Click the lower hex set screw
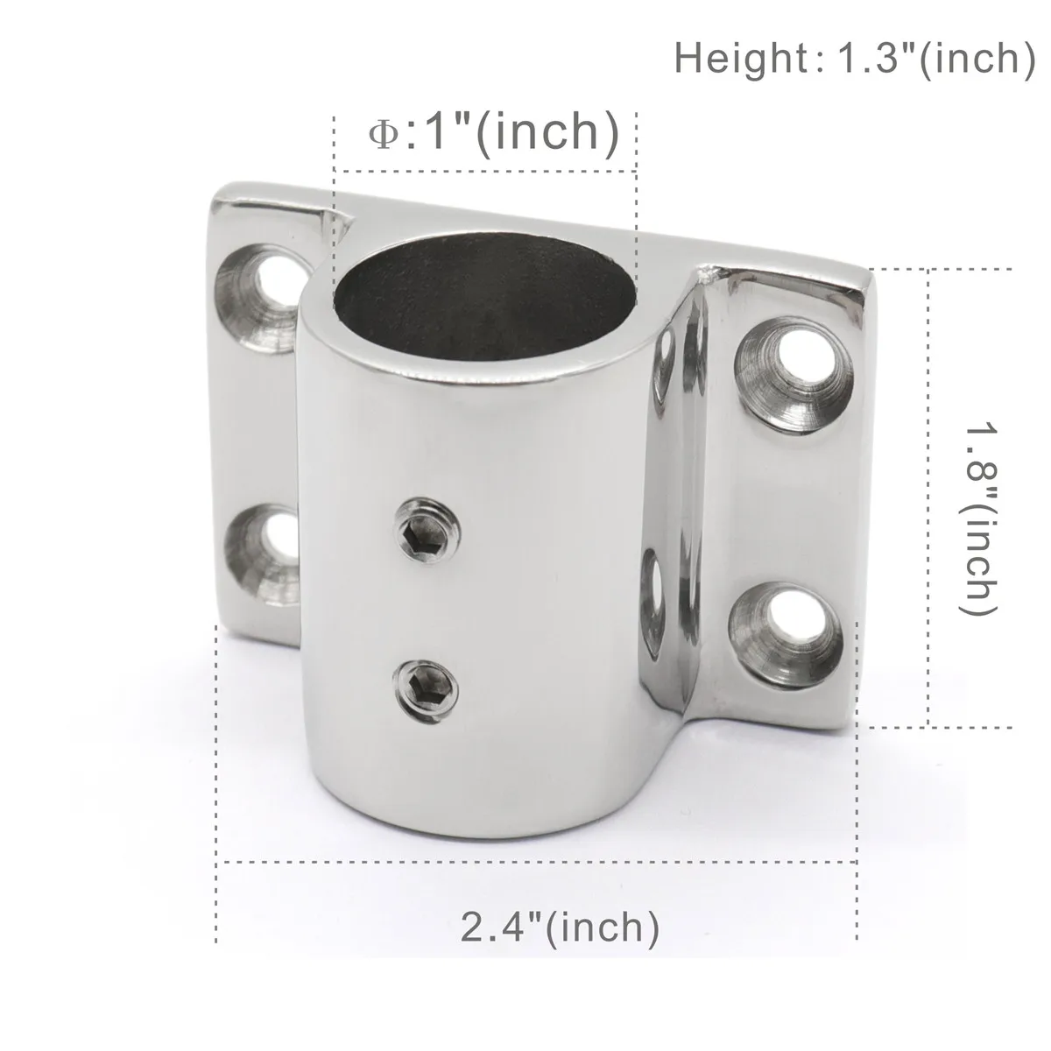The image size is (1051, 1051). point(425,692)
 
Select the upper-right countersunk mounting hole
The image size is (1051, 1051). point(794,374)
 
